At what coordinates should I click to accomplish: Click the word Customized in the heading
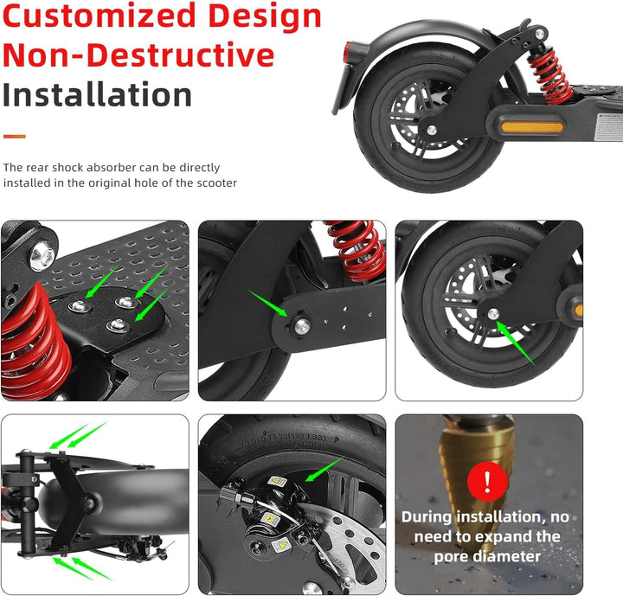click(x=93, y=16)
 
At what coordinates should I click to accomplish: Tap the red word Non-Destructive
click(x=138, y=54)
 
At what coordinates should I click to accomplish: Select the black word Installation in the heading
click(x=97, y=94)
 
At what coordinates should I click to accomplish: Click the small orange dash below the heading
click(x=14, y=136)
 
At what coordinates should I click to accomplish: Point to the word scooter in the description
click(x=215, y=183)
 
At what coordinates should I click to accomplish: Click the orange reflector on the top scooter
click(x=532, y=127)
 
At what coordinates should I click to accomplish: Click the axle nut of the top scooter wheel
click(x=432, y=130)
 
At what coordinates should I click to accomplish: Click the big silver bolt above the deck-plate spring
click(x=40, y=254)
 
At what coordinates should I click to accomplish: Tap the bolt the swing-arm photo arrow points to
click(x=302, y=326)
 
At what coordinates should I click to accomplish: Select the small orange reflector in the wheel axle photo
click(x=577, y=310)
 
